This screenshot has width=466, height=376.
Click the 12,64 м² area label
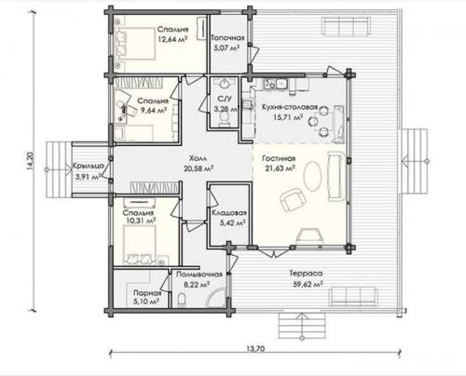(172, 39)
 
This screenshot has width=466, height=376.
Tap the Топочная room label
(227, 38)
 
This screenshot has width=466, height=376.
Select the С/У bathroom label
(225, 99)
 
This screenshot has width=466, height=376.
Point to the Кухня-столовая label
(290, 107)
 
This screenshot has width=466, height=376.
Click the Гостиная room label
(279, 158)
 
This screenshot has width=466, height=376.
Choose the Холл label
(198, 158)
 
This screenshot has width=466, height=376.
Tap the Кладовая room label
(229, 213)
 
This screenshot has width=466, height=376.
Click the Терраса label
(306, 274)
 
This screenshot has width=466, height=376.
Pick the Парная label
(147, 293)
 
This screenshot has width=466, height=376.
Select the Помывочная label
(199, 275)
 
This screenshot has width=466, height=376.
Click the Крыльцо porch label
(89, 167)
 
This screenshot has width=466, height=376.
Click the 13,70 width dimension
(255, 349)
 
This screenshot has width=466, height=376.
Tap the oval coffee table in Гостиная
(313, 176)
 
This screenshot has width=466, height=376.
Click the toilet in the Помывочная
(182, 300)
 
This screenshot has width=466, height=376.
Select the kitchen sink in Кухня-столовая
(281, 84)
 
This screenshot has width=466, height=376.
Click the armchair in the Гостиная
(293, 199)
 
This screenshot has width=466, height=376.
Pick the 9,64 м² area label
(154, 111)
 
